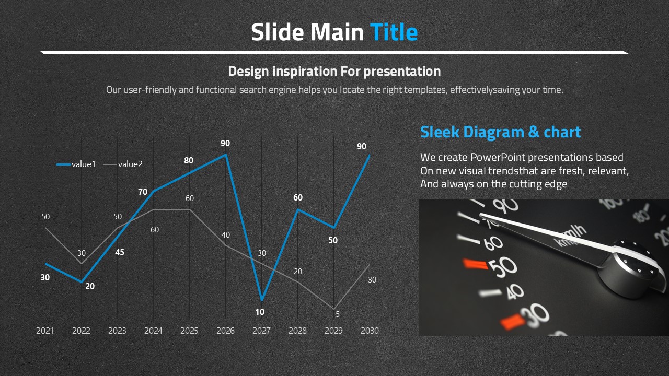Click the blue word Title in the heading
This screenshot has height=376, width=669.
pyautogui.click(x=394, y=32)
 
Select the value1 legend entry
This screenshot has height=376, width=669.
pyautogui.click(x=76, y=164)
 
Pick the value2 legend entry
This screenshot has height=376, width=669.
pyautogui.click(x=123, y=164)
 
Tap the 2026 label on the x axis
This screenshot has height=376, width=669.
pyautogui.click(x=225, y=331)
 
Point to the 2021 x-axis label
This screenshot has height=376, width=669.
pyautogui.click(x=45, y=331)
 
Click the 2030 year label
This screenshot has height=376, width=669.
pyautogui.click(x=370, y=331)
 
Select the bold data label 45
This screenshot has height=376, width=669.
pyautogui.click(x=120, y=252)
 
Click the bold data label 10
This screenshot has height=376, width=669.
pyautogui.click(x=260, y=312)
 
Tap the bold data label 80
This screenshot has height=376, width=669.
pyautogui.click(x=189, y=160)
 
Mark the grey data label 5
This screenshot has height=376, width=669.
pyautogui.click(x=338, y=314)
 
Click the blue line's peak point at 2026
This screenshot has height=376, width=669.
pyautogui.click(x=226, y=154)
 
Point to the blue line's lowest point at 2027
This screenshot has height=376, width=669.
pyautogui.click(x=262, y=300)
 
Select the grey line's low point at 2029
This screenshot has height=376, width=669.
pyautogui.click(x=333, y=309)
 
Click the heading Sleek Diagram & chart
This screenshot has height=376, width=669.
pyautogui.click(x=500, y=132)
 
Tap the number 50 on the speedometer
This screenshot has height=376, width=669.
pyautogui.click(x=503, y=267)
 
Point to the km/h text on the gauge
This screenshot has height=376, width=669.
pyautogui.click(x=570, y=236)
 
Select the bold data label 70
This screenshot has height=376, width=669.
pyautogui.click(x=143, y=192)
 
